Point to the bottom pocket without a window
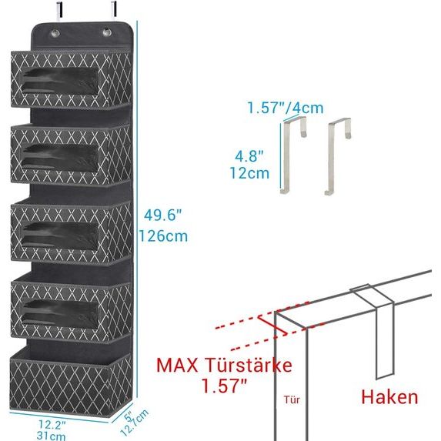point(67,377)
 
